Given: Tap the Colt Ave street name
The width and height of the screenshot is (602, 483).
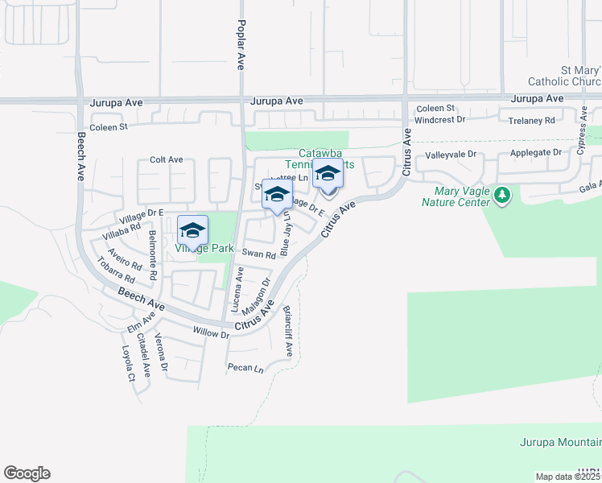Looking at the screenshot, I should tap(167, 159).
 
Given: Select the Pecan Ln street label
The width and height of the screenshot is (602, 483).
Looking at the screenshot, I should tap(245, 369).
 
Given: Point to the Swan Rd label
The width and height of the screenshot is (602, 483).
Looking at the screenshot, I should tap(259, 254).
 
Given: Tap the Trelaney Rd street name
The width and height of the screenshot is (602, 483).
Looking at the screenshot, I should tap(532, 120).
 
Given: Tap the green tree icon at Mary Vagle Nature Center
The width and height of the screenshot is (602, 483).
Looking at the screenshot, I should tap(503, 195).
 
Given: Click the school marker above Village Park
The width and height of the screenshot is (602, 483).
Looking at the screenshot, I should tap(192, 230).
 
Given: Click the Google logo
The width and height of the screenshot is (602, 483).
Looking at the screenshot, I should tap(27, 473).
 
